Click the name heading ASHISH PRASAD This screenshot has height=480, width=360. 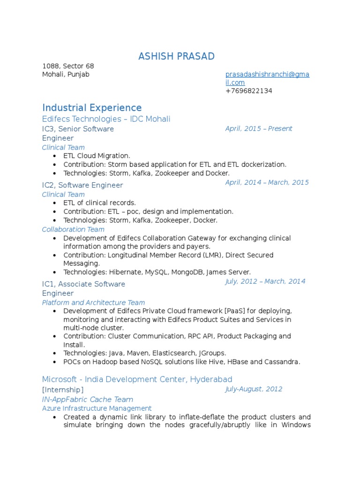click(x=176, y=57)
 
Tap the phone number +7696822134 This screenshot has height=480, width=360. click(x=248, y=91)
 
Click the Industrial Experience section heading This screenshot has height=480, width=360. click(x=92, y=108)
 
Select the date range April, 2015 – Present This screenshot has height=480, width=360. click(x=259, y=128)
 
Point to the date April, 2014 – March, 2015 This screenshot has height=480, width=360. click(x=267, y=182)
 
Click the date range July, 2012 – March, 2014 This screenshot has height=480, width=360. click(x=265, y=281)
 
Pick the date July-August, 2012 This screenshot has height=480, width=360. click(x=254, y=389)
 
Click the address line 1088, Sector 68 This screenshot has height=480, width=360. click(x=68, y=66)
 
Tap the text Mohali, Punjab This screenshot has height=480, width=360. click(x=66, y=75)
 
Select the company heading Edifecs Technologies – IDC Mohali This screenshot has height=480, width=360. click(x=106, y=119)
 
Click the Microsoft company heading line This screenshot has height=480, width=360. click(x=137, y=379)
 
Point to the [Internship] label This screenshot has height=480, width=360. click(x=63, y=390)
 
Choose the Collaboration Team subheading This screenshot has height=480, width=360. click(x=73, y=229)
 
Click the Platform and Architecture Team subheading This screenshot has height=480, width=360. click(x=93, y=302)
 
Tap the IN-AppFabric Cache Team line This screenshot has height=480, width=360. click(x=88, y=399)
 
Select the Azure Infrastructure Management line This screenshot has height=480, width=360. click(x=97, y=408)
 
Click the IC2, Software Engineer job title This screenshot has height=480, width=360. click(x=82, y=185)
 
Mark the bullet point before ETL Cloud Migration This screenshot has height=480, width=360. click(x=55, y=156)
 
